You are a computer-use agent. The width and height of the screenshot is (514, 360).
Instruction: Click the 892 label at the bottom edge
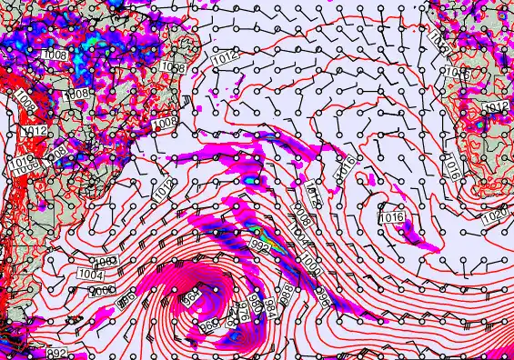[x=30, y=353]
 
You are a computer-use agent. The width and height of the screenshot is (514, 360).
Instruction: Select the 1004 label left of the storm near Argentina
[x=90, y=275]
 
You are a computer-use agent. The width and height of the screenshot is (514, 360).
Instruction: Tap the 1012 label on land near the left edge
[x=35, y=132]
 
